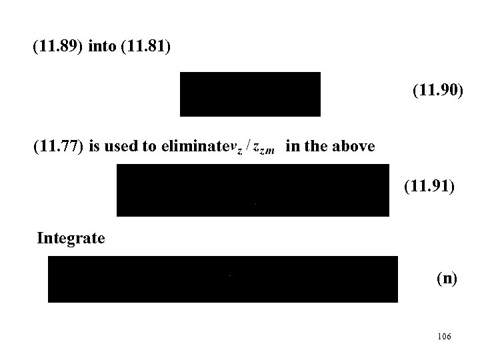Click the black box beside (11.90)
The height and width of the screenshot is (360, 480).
[x=250, y=94]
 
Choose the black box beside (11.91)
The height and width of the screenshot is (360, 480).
[x=253, y=191]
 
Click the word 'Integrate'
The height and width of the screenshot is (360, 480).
[x=71, y=237]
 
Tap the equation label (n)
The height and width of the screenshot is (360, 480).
[x=447, y=279]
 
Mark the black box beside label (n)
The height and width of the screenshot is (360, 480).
[x=223, y=279]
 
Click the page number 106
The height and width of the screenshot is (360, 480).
[x=445, y=337]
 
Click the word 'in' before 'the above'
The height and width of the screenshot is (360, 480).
[x=291, y=147]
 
